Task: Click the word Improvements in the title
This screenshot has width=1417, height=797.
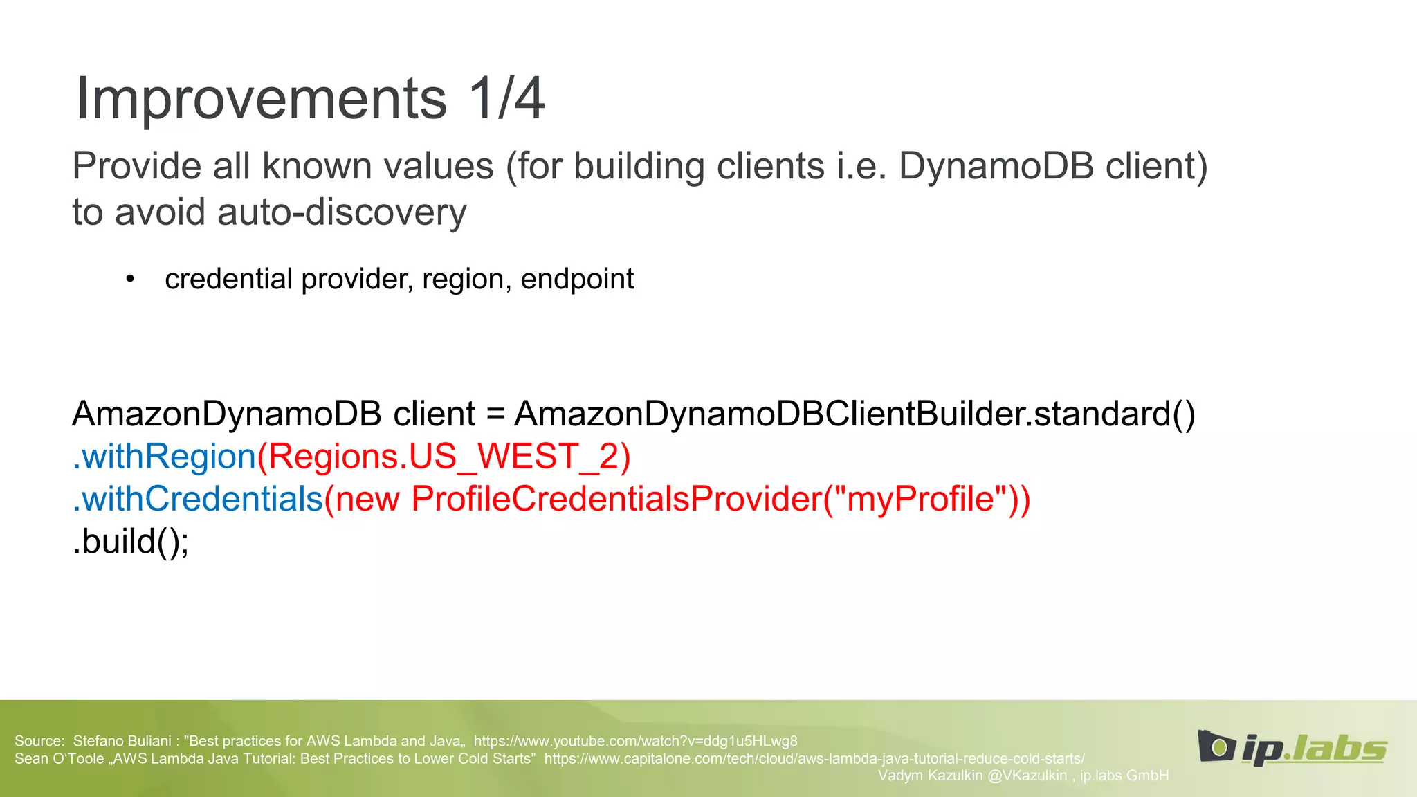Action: (261, 99)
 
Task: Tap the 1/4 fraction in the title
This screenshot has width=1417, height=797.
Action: (506, 99)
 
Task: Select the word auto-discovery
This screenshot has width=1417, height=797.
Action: (342, 212)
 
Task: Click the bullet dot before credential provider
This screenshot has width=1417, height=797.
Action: (130, 280)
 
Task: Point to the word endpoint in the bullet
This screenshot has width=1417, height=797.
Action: (576, 279)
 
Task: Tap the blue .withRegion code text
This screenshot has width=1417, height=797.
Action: (164, 457)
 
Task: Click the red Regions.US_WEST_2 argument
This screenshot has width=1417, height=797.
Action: (444, 457)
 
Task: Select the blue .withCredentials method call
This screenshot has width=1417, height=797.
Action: (198, 499)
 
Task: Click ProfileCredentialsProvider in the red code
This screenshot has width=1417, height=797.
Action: (616, 499)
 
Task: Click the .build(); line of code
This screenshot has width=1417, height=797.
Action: (130, 541)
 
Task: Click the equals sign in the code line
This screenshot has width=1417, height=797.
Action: (495, 414)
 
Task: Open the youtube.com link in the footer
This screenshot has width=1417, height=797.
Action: (635, 741)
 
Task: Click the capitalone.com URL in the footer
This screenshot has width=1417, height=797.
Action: (814, 758)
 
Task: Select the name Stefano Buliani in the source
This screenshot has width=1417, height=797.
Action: (122, 741)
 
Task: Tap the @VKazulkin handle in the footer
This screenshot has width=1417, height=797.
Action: (1027, 776)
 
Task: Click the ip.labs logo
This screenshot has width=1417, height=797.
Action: (1291, 747)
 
